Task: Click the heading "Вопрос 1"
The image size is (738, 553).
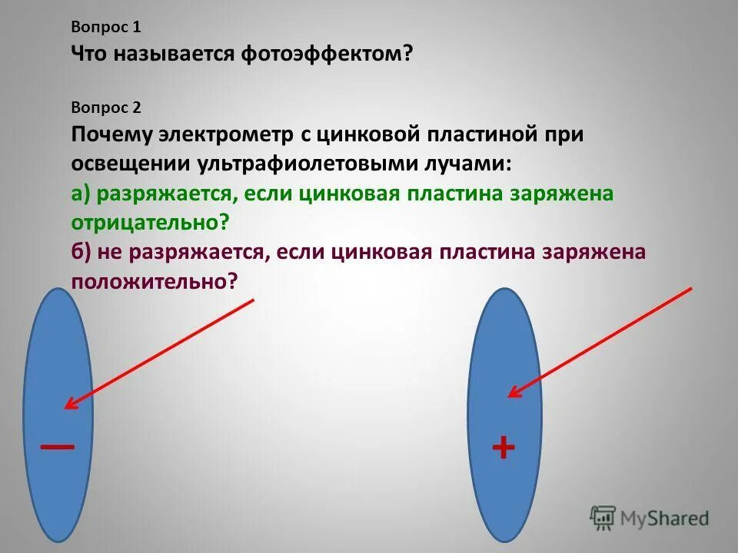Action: (107, 28)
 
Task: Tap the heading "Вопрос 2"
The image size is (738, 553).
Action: (107, 108)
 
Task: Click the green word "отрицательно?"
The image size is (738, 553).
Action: (151, 223)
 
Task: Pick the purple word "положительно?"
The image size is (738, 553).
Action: (154, 281)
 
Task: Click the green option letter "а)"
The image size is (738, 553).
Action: (82, 194)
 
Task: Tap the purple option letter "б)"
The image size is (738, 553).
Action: (82, 252)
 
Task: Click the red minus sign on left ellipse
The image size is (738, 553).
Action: (58, 446)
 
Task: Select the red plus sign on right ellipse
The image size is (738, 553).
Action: (503, 447)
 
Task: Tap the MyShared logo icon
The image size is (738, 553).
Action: (603, 517)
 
